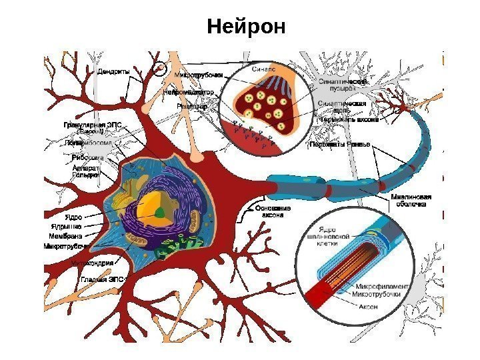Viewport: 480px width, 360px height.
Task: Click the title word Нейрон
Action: (246, 27)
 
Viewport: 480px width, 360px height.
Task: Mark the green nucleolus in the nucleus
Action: (160, 213)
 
